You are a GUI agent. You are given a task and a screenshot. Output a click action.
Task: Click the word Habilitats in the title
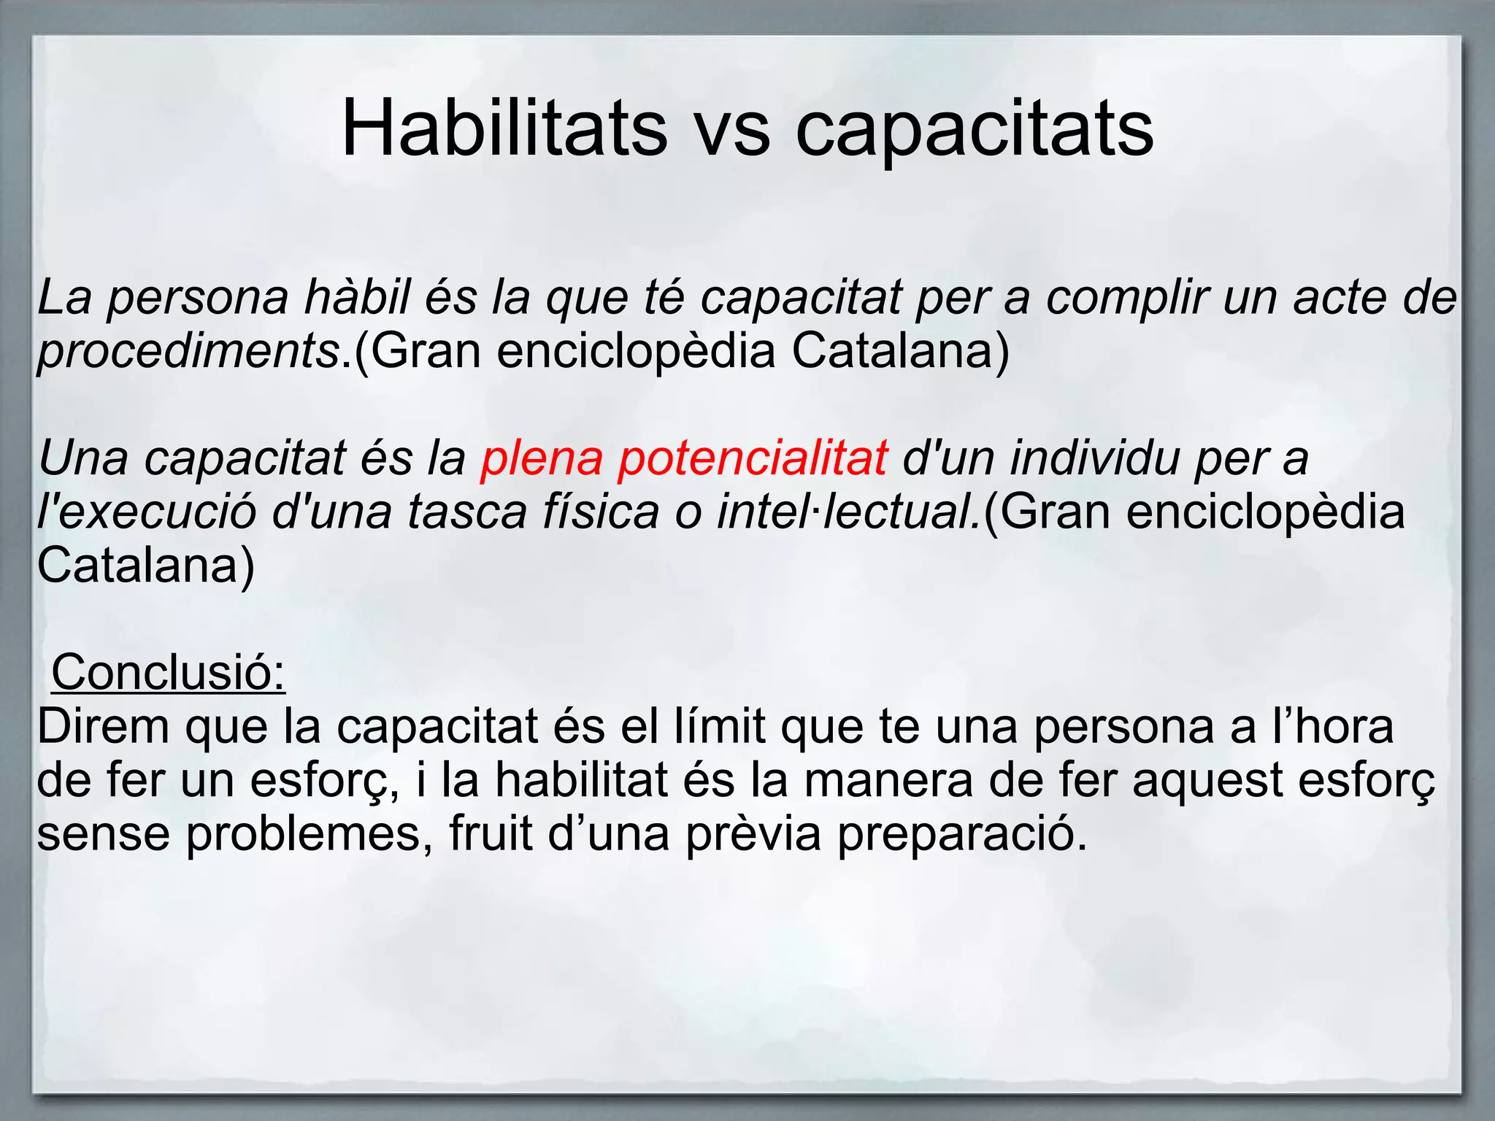(x=504, y=129)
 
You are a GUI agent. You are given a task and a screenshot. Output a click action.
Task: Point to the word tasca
(x=467, y=512)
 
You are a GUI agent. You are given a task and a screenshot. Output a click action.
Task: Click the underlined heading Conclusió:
(x=169, y=672)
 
